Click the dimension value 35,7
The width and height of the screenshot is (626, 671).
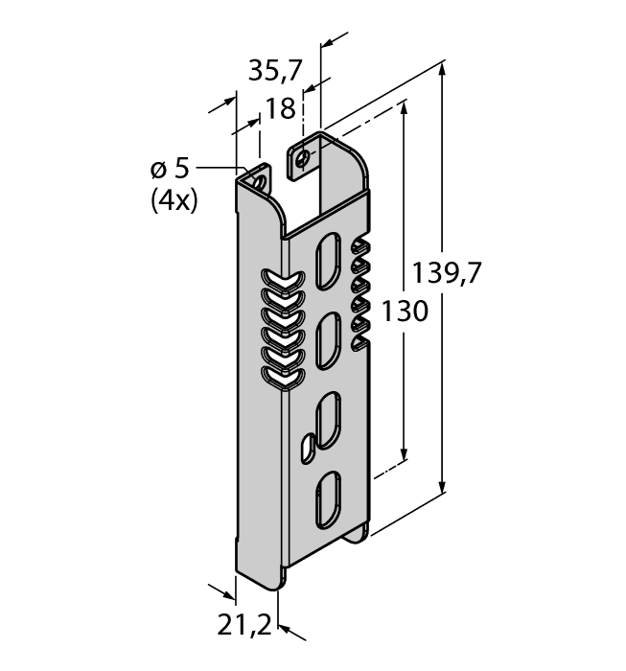tap(275, 71)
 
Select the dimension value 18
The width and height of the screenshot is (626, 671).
tap(280, 109)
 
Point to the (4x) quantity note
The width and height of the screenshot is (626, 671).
tap(174, 201)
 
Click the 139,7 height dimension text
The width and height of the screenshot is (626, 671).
tap(446, 274)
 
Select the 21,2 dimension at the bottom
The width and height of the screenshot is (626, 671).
tap(242, 628)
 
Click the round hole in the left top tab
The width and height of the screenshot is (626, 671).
tap(256, 179)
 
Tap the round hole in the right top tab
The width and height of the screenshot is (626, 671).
tap(305, 158)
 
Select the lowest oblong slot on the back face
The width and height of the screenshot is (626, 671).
tap(329, 494)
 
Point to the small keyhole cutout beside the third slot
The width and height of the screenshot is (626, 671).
tap(307, 444)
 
